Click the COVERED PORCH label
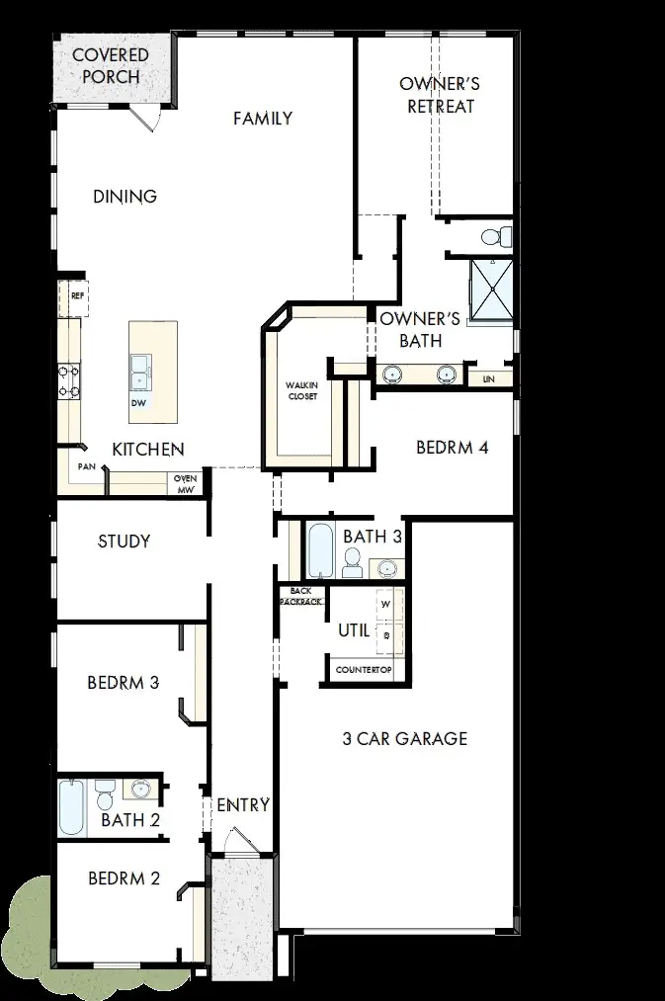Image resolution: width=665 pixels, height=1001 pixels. pyautogui.click(x=111, y=66)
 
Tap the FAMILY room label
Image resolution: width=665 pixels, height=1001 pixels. pyautogui.click(x=263, y=119)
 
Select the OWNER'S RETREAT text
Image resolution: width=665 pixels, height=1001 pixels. pyautogui.click(x=441, y=96)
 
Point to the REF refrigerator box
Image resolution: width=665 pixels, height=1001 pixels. pyautogui.click(x=77, y=295)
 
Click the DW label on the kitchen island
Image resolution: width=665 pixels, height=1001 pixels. pyautogui.click(x=137, y=404)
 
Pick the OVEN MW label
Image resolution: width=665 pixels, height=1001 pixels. pyautogui.click(x=186, y=484)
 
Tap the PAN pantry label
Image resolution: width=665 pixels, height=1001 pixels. pyautogui.click(x=87, y=466)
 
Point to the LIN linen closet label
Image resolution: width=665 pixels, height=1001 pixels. pyautogui.click(x=488, y=378)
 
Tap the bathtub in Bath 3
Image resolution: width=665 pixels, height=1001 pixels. pyautogui.click(x=321, y=551)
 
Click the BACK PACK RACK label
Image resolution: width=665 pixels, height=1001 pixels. pyautogui.click(x=301, y=596)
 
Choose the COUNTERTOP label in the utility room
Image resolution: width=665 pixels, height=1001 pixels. pyautogui.click(x=364, y=670)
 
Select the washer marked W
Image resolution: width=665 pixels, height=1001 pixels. pyautogui.click(x=385, y=603)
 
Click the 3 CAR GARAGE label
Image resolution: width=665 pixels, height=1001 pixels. pyautogui.click(x=405, y=738)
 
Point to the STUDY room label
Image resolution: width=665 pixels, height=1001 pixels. pyautogui.click(x=125, y=542)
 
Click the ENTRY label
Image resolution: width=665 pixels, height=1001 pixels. pyautogui.click(x=243, y=805)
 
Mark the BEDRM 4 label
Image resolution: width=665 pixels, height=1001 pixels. pyautogui.click(x=453, y=448)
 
